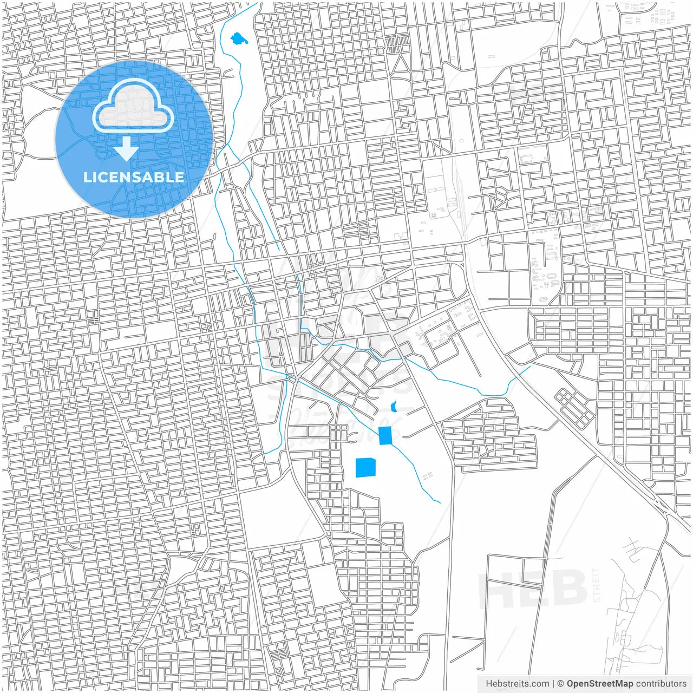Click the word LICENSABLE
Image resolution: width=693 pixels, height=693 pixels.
click(x=133, y=177)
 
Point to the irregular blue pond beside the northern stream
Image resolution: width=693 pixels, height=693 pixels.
click(x=238, y=39)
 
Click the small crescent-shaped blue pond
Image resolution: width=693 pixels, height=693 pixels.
click(x=394, y=406)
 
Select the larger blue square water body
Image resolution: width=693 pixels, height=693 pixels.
click(x=365, y=467)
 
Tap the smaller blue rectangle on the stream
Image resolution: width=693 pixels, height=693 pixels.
click(x=385, y=435)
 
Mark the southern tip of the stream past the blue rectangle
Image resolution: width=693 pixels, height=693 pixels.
click(x=440, y=502)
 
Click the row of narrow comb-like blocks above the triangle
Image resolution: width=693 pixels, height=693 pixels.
click(x=398, y=42)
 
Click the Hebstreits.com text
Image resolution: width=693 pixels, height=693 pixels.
click(x=517, y=684)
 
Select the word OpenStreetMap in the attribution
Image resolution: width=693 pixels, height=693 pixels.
click(x=600, y=684)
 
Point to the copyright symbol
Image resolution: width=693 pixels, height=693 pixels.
click(x=561, y=684)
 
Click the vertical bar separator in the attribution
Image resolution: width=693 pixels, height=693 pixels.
click(x=553, y=684)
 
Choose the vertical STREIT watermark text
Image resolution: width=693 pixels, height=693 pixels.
click(x=597, y=585)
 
